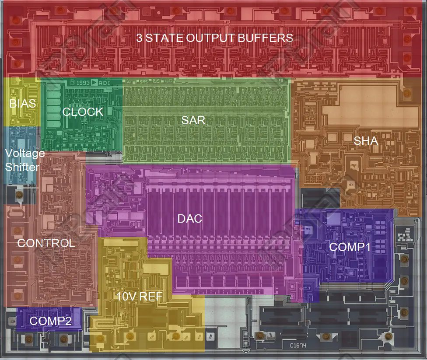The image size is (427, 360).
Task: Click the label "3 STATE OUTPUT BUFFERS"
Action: tap(214, 38)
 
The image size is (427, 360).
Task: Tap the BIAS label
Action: tap(22, 105)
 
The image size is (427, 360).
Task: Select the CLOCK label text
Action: tap(83, 112)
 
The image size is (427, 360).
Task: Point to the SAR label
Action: tap(193, 121)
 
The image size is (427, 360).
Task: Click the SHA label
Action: tap(366, 141)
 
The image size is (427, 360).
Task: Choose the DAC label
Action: tap(190, 218)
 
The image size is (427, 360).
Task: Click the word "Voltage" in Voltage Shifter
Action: tap(24, 154)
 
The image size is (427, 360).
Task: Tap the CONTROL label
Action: tap(45, 243)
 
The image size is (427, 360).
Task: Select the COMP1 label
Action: tap(350, 247)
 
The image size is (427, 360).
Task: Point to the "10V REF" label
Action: tap(139, 297)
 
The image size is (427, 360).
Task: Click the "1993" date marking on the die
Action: tap(83, 83)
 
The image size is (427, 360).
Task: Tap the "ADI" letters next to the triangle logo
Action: tap(104, 83)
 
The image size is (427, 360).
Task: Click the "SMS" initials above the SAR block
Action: tap(143, 81)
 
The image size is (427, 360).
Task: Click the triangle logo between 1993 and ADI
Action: tap(94, 82)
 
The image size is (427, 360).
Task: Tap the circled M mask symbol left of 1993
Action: tap(72, 82)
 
